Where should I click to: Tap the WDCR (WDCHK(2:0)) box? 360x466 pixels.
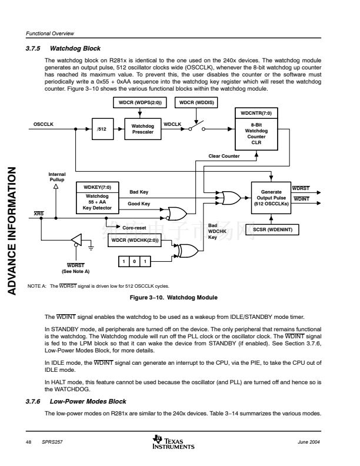(x=135, y=240)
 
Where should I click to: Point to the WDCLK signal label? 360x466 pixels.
(x=172, y=124)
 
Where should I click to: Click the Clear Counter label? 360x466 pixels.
(x=224, y=156)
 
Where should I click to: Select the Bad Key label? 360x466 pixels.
(x=138, y=192)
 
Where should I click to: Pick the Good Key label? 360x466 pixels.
(x=139, y=204)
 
